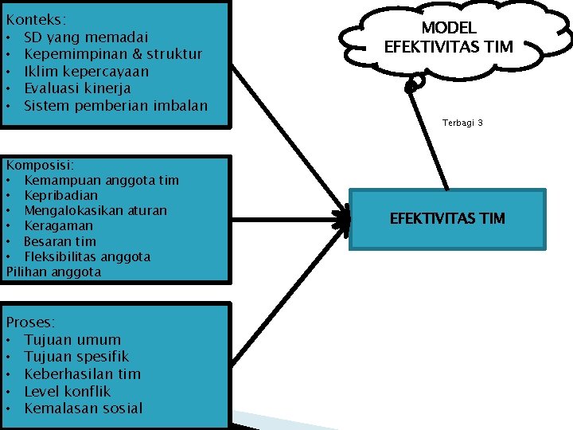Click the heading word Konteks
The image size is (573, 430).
click(x=36, y=18)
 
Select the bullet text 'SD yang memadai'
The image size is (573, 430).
click(x=86, y=37)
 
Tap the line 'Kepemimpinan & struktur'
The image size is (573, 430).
click(x=113, y=54)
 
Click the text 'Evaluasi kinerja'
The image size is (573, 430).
click(x=77, y=88)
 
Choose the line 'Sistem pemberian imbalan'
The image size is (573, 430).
click(x=115, y=106)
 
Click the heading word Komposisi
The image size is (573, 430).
click(x=40, y=165)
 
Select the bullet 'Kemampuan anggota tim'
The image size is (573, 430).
click(x=101, y=180)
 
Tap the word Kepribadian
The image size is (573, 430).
click(x=60, y=195)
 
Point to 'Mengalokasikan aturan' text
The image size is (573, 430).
click(x=95, y=210)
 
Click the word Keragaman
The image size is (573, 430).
click(x=57, y=226)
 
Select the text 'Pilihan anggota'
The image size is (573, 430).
click(x=53, y=272)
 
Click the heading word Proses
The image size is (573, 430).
click(x=30, y=322)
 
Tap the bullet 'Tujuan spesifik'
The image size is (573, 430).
click(x=76, y=357)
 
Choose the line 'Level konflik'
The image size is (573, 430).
click(x=68, y=391)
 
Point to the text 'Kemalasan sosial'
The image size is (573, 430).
click(x=84, y=408)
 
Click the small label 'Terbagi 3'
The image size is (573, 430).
click(x=462, y=123)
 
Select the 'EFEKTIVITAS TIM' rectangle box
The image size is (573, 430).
click(x=447, y=219)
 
